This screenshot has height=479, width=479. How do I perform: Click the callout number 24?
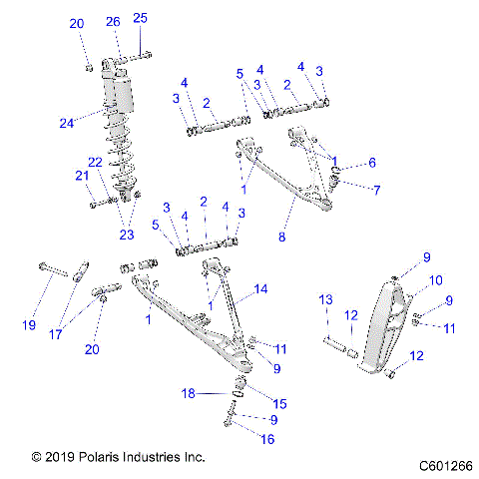coord(67,124)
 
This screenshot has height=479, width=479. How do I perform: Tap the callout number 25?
coord(140,18)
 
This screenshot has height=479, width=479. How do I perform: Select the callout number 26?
coord(113,21)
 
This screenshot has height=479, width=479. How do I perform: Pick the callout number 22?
coord(95,163)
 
